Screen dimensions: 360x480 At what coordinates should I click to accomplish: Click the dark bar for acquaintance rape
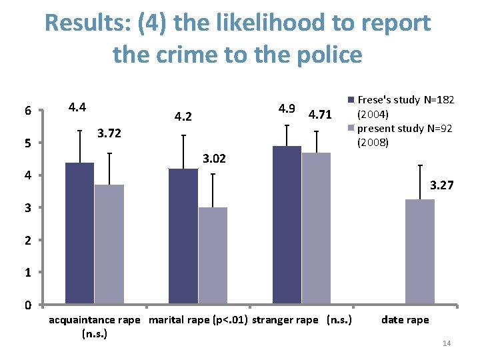79,233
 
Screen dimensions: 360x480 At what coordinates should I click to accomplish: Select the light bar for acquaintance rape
109,244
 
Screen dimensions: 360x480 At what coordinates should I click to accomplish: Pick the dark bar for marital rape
183,237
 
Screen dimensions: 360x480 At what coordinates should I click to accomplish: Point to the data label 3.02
213,159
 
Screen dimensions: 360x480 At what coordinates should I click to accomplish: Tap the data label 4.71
320,115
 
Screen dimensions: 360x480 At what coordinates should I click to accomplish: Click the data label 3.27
442,185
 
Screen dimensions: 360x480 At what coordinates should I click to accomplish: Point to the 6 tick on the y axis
27,111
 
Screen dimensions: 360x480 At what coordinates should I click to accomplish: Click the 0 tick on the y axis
27,305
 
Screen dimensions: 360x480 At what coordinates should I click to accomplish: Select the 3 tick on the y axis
27,208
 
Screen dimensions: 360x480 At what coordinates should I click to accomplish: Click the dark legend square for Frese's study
351,100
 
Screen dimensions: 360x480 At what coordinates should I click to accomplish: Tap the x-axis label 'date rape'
405,320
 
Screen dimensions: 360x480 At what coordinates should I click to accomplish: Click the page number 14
447,343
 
